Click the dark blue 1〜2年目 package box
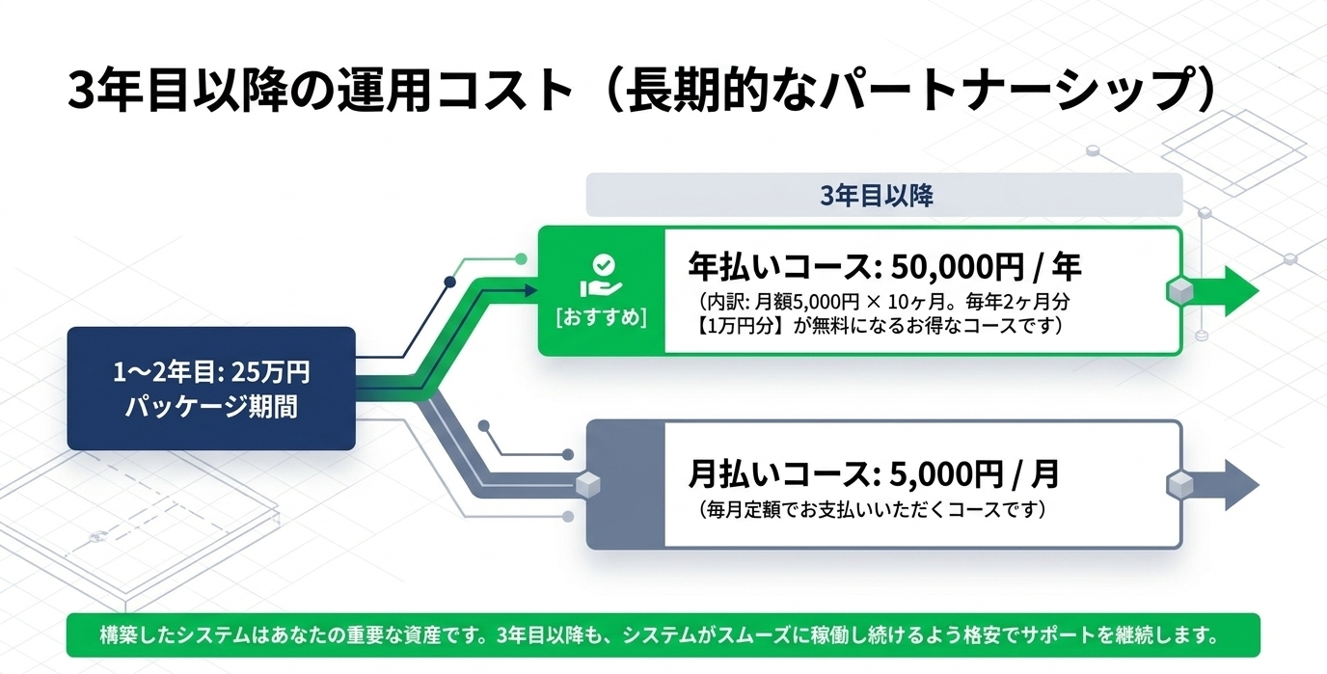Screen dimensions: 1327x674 (x=211, y=389)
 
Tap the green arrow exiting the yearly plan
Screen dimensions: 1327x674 (x=1220, y=291)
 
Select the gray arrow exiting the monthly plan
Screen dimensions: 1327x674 (x=1220, y=484)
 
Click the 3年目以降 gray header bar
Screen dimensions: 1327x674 (x=884, y=195)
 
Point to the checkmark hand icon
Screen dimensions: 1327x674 (x=602, y=276)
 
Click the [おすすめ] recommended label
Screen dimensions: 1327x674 (x=602, y=317)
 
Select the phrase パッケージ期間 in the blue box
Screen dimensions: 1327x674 (x=211, y=407)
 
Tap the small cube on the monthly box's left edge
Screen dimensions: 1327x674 (x=587, y=484)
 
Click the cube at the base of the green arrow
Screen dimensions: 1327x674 (x=1179, y=291)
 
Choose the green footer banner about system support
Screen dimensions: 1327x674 (x=663, y=634)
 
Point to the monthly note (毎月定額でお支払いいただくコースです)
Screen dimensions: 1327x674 (x=872, y=509)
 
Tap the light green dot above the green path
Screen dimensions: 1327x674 (x=522, y=258)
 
